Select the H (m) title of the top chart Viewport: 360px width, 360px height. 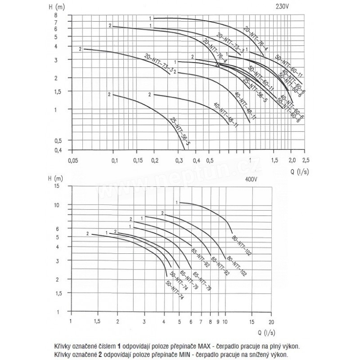(58, 6)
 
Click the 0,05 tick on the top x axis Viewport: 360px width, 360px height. (72, 160)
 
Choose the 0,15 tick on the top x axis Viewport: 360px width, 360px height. (137, 160)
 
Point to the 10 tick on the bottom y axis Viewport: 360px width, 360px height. (57, 205)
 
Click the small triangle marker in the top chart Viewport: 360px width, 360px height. (218, 65)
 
